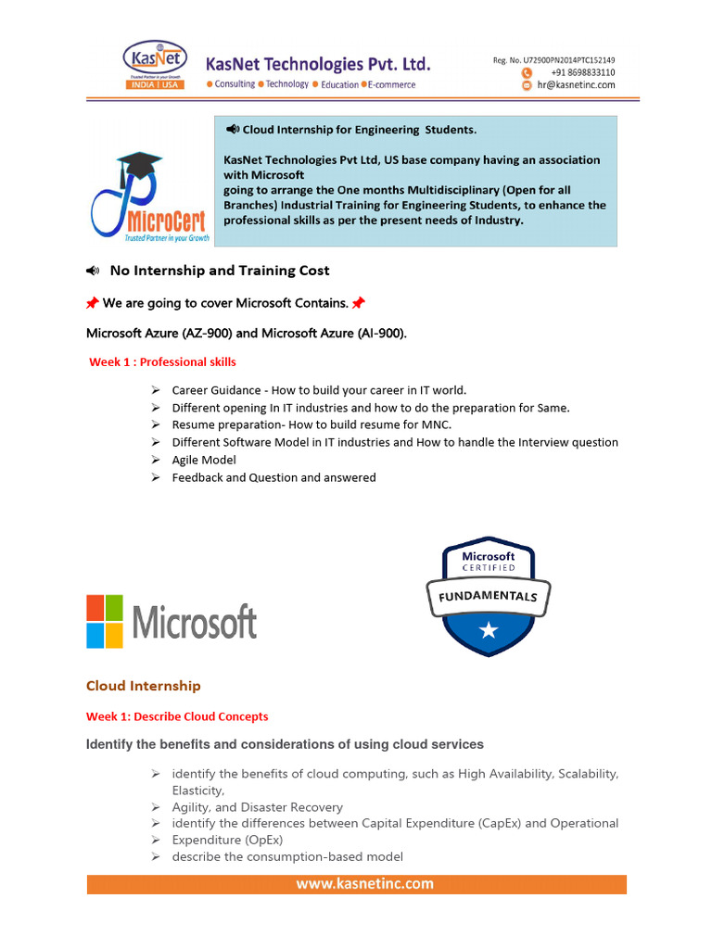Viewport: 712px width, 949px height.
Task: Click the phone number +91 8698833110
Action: tap(582, 72)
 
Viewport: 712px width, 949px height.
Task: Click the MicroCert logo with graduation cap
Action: tap(149, 199)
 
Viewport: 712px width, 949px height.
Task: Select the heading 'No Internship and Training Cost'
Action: tap(219, 271)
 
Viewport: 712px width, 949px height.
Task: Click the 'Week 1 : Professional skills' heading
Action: tap(162, 362)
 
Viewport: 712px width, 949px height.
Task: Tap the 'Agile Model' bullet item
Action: tap(204, 460)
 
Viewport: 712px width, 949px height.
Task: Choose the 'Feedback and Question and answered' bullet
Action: tap(273, 477)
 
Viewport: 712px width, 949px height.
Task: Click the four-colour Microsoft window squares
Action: tap(105, 621)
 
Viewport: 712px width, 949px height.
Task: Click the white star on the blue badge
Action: tap(489, 631)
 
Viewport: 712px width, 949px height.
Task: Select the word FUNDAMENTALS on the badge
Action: tap(489, 596)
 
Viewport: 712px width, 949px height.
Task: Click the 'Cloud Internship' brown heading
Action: tap(143, 686)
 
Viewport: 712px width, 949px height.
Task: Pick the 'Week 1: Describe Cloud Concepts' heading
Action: tap(177, 716)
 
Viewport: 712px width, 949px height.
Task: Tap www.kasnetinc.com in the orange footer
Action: tap(364, 883)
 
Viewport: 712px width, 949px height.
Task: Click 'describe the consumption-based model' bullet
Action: tap(287, 857)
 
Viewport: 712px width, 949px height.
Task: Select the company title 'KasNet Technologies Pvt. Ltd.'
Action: tap(318, 63)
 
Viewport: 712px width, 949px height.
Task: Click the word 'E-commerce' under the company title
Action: tap(390, 84)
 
